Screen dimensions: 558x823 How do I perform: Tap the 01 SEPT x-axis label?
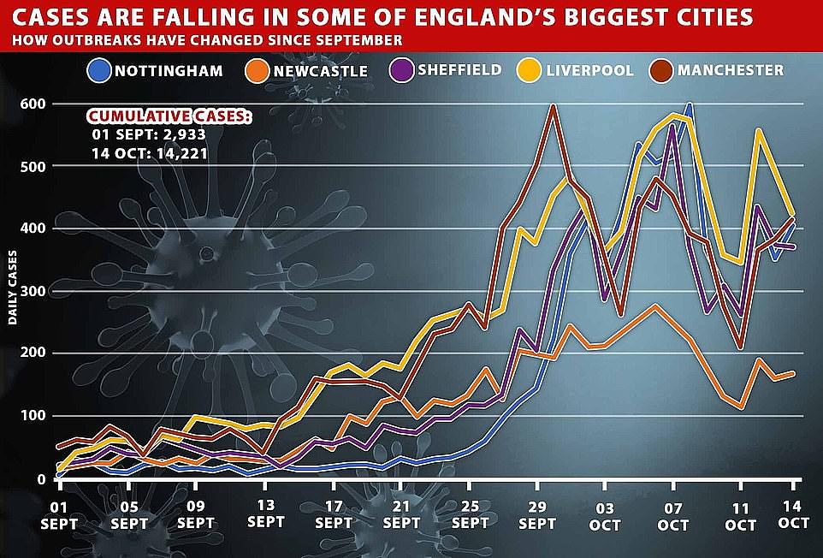(x=58, y=514)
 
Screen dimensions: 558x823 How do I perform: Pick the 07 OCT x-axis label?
(x=673, y=514)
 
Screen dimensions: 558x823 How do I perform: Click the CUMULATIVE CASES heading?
(x=169, y=116)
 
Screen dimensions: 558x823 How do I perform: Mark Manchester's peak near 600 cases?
(x=554, y=106)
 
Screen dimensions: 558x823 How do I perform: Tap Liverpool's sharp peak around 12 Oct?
(x=758, y=130)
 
